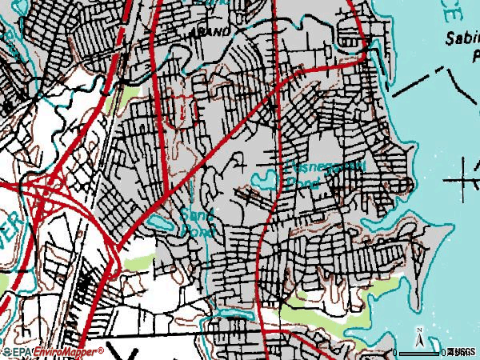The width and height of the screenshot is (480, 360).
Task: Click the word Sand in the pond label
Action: coord(194,214)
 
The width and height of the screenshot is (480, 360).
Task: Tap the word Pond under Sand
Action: coord(195,230)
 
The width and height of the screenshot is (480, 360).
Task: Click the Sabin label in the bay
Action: coord(461,38)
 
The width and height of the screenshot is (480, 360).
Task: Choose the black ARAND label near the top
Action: coord(210,31)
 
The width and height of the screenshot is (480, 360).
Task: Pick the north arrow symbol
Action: coord(422,334)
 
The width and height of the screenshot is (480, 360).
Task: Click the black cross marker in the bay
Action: coord(467,181)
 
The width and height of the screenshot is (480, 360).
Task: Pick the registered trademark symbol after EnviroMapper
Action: coord(102,349)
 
